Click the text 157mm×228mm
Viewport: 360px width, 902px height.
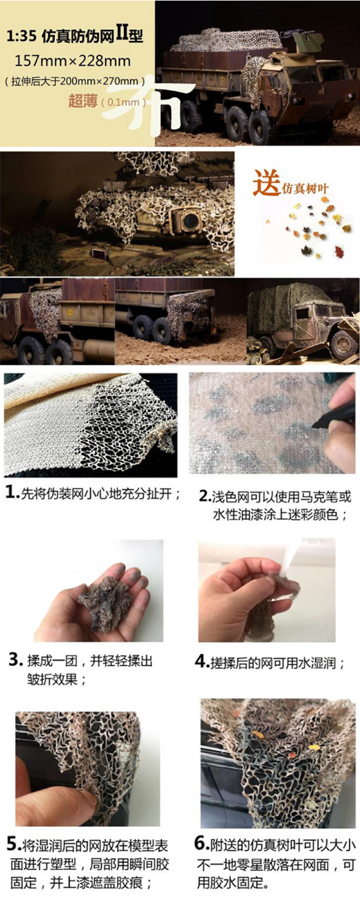click(73, 61)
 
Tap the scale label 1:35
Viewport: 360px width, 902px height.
click(20, 37)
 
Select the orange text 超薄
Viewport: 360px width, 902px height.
click(83, 101)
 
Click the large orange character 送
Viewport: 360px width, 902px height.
click(266, 184)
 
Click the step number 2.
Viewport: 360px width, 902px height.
click(205, 496)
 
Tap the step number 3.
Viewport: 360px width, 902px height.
click(16, 660)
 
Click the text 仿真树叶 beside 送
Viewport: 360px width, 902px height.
click(305, 188)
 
